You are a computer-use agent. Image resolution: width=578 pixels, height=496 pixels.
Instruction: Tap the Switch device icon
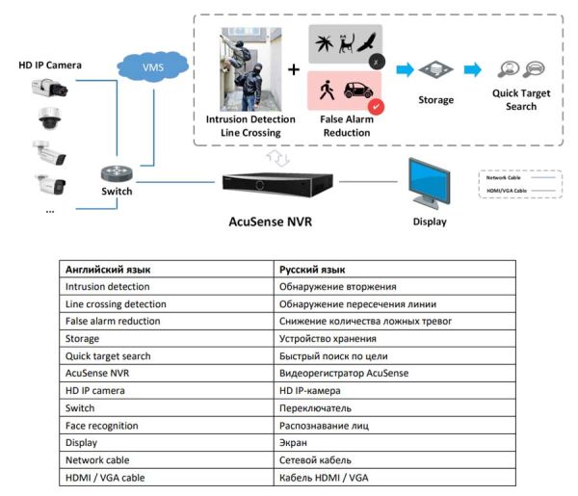pos(118,173)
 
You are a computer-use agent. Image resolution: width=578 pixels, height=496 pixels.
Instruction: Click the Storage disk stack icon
pos(435,70)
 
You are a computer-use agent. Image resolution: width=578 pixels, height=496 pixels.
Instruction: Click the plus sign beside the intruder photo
pos(294,70)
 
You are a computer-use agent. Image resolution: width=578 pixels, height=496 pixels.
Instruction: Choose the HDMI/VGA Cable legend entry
pos(509,192)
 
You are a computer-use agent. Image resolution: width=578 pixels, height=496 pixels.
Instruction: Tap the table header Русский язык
pos(312,270)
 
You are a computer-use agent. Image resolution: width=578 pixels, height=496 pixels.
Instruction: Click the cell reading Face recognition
pos(101,425)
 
